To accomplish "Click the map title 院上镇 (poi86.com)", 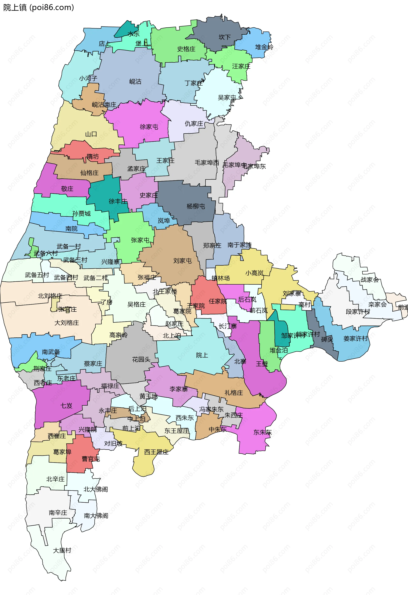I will pyautogui.click(x=38, y=7).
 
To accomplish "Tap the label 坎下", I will pyautogui.click(x=224, y=37).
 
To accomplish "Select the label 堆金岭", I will pyautogui.click(x=264, y=47).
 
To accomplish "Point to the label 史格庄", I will pyautogui.click(x=186, y=49).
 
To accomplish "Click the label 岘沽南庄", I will pyautogui.click(x=104, y=105).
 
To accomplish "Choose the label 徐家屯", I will pyautogui.click(x=149, y=127).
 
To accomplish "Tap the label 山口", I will pyautogui.click(x=91, y=134).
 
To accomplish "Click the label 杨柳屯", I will pyautogui.click(x=196, y=206).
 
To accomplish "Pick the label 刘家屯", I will pyautogui.click(x=183, y=261).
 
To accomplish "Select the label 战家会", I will pyautogui.click(x=370, y=280).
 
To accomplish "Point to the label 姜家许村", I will pyautogui.click(x=356, y=338).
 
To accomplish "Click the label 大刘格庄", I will pyautogui.click(x=67, y=323).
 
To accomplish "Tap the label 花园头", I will pyautogui.click(x=141, y=360).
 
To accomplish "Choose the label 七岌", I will pyautogui.click(x=66, y=406).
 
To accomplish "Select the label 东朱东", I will pyautogui.click(x=262, y=432).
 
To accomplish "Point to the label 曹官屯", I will pyautogui.click(x=91, y=459).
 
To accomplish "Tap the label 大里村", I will pyautogui.click(x=62, y=550).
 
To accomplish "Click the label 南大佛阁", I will pyautogui.click(x=96, y=516).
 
